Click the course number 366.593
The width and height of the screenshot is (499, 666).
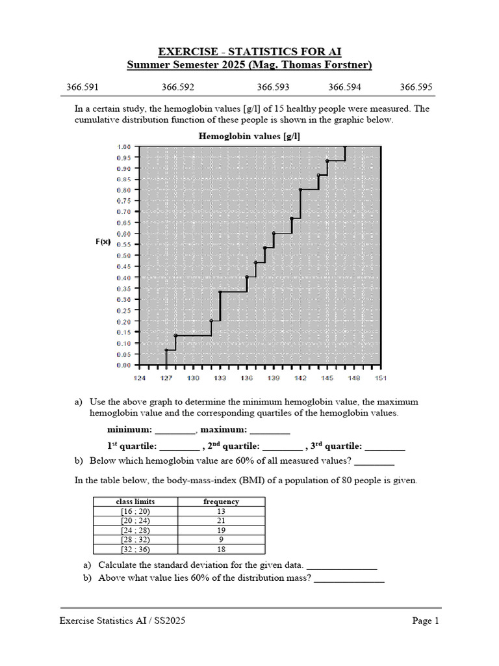click(x=273, y=87)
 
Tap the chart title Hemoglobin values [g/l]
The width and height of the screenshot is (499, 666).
click(x=249, y=136)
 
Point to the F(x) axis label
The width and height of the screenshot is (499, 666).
click(x=103, y=241)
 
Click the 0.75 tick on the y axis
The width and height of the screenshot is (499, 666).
click(x=123, y=201)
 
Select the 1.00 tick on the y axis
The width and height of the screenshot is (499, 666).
click(x=123, y=146)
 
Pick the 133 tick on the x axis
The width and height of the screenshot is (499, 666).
click(x=220, y=378)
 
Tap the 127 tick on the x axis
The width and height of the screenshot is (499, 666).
click(x=166, y=378)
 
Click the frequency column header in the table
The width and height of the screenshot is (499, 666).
click(x=221, y=501)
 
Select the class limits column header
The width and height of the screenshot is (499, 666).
click(x=135, y=501)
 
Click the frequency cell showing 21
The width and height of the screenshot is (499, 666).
click(x=221, y=520)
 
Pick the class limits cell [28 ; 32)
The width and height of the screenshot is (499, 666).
click(x=135, y=539)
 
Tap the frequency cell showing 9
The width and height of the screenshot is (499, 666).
click(x=221, y=539)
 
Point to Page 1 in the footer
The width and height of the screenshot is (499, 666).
click(x=426, y=621)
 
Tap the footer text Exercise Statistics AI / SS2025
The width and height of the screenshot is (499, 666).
click(x=123, y=621)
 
